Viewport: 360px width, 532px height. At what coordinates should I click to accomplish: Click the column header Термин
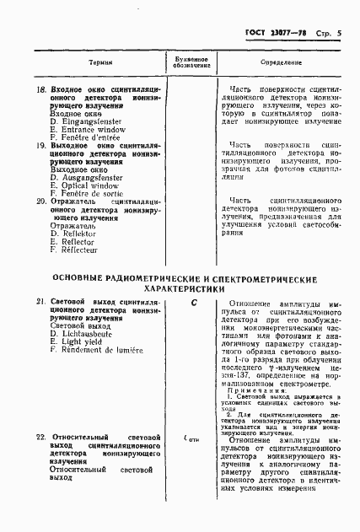tap(100, 64)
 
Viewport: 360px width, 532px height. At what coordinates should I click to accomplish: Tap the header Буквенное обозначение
tap(192, 64)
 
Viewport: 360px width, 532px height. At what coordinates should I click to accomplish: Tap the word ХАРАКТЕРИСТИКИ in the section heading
tap(185, 287)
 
